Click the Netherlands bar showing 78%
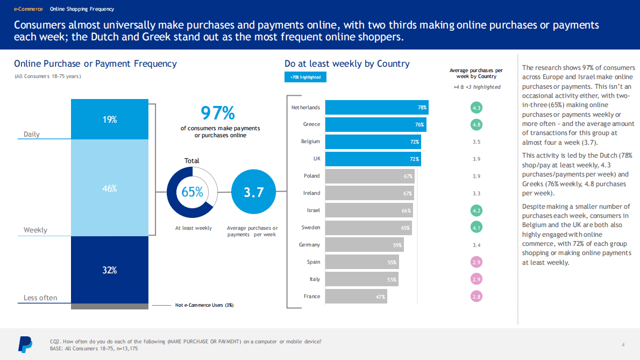[x=377, y=108]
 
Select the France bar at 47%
[x=356, y=297]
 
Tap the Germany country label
[x=309, y=245]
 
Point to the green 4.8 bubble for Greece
[x=476, y=124]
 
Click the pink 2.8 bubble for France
[x=476, y=297]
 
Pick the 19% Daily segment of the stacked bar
[x=110, y=119]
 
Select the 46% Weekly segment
[x=110, y=188]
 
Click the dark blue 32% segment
[x=110, y=270]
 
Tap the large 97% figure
[x=217, y=113]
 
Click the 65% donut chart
[x=192, y=192]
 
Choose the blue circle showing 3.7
[x=253, y=192]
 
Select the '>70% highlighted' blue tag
[x=305, y=77]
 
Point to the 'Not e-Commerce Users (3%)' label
[x=204, y=305]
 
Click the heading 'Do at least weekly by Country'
[x=347, y=63]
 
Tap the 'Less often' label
[x=40, y=298]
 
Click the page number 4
[x=622, y=344]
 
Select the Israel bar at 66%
[x=369, y=210]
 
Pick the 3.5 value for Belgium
[x=476, y=142]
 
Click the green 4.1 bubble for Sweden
[x=476, y=228]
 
